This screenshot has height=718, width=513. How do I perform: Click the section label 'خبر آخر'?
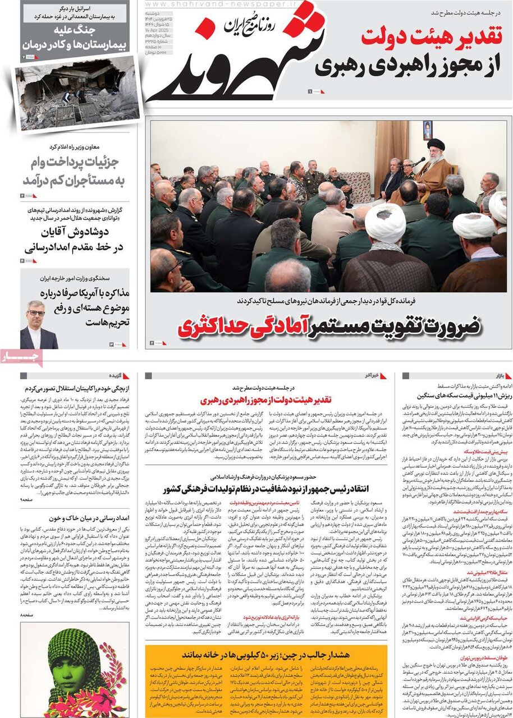click(372, 375)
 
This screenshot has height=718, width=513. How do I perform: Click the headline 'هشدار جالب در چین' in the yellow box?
click(266, 654)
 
